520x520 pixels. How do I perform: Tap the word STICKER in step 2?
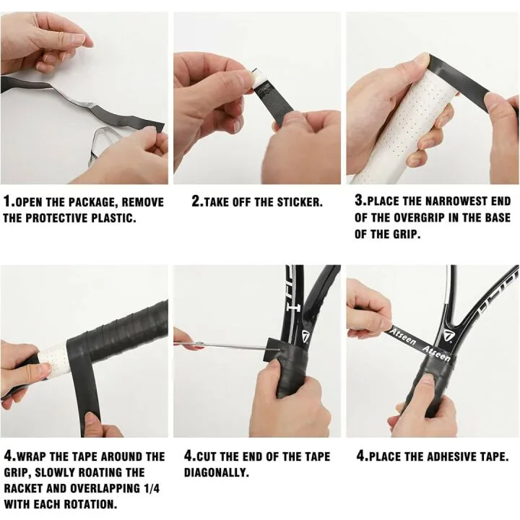300,202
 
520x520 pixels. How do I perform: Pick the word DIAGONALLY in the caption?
216,472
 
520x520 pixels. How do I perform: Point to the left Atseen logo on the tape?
402,337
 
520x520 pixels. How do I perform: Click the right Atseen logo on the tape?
436,353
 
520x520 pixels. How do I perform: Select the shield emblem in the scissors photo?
305,337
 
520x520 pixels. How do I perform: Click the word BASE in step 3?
498,217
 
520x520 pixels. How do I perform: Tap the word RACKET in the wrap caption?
22,488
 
